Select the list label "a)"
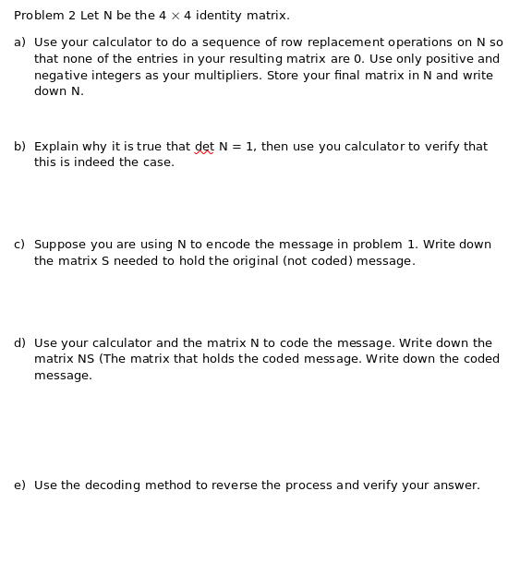tap(19, 42)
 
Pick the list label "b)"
tap(19, 147)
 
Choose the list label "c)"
tap(19, 245)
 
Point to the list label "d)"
tap(19, 343)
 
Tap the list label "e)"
tap(19, 485)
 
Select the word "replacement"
tap(346, 42)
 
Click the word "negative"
tap(60, 76)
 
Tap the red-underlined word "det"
tap(204, 147)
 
